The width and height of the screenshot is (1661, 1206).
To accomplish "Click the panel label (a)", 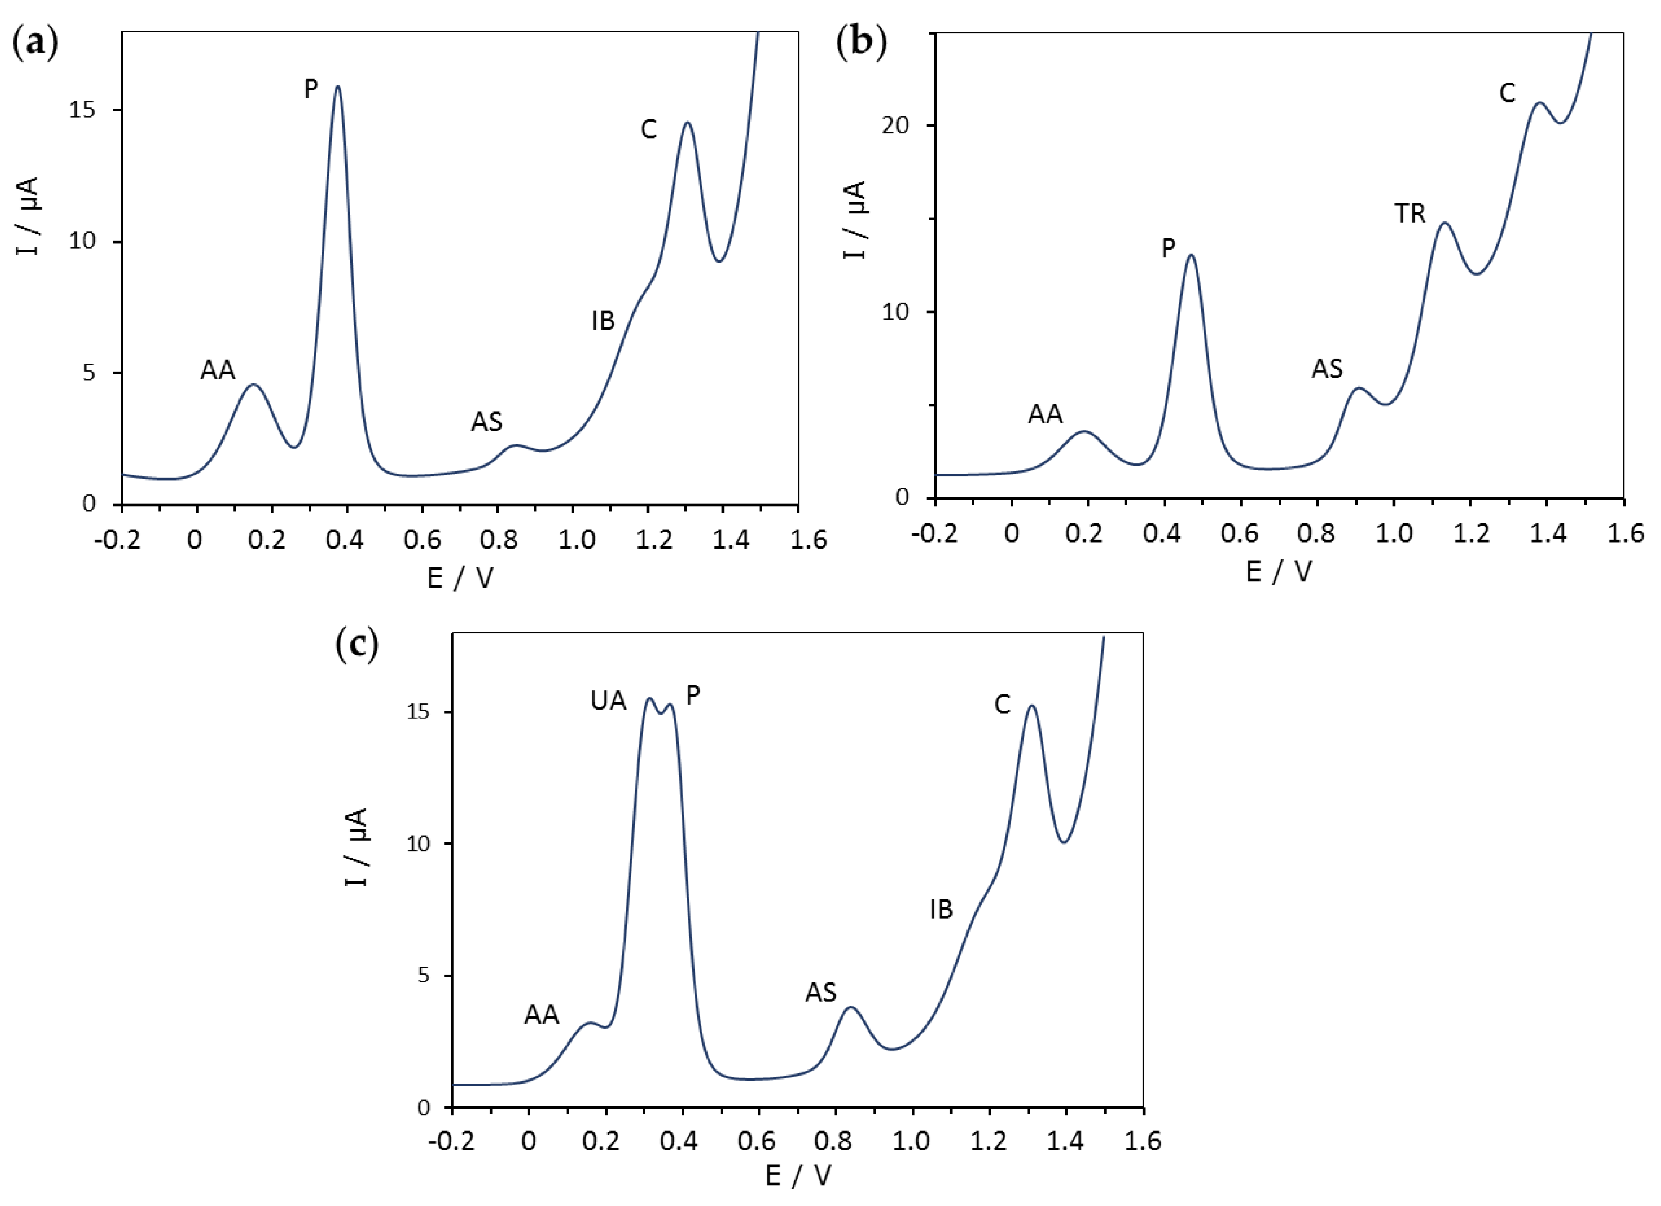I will [x=34, y=45].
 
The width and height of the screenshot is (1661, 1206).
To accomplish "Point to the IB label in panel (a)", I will [x=603, y=321].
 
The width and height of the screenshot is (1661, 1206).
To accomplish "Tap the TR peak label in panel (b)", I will [x=1409, y=214].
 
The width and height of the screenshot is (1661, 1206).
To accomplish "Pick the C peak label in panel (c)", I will [x=1002, y=705].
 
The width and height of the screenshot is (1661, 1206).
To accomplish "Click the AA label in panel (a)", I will [x=218, y=371].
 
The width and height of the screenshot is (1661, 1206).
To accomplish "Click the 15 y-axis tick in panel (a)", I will [x=83, y=110].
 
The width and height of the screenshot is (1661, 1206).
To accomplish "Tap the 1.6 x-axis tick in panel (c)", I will [x=1142, y=1142].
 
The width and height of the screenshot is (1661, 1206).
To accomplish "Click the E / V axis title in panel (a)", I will [x=460, y=578].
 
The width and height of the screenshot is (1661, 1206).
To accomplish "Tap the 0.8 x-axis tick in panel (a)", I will [x=498, y=540].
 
